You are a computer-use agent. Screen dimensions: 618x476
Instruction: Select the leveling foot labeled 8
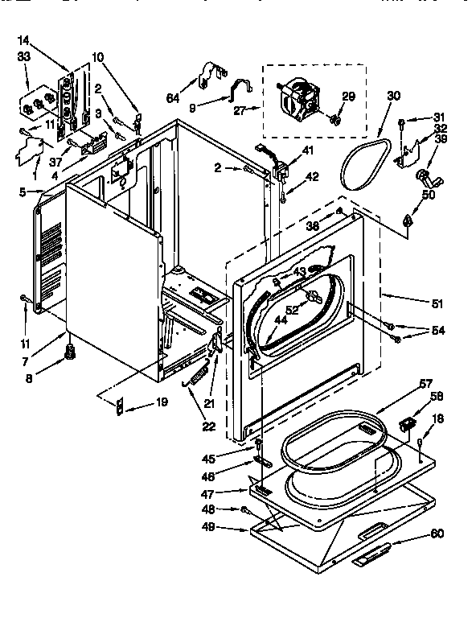click(70, 351)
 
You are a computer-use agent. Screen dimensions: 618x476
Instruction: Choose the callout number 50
click(428, 196)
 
